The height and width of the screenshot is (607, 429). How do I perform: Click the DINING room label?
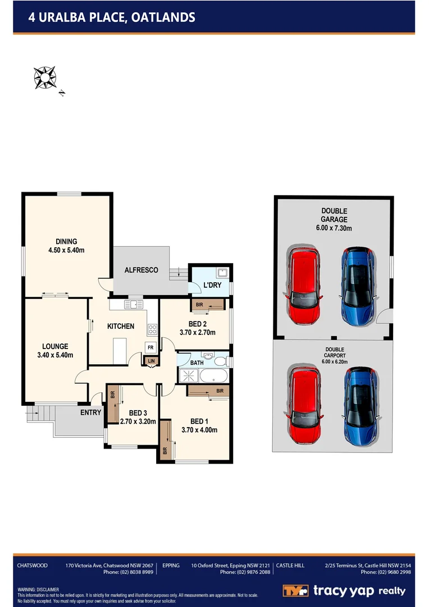click(x=66, y=242)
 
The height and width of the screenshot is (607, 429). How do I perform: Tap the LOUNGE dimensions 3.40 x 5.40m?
click(x=54, y=355)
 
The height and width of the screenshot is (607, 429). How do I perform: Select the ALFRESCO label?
click(x=141, y=270)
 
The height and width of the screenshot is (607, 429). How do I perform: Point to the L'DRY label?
click(x=212, y=286)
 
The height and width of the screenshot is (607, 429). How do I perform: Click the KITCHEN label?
click(x=121, y=326)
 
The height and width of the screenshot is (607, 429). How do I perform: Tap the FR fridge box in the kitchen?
click(x=150, y=347)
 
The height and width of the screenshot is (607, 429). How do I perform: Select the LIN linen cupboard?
click(x=151, y=361)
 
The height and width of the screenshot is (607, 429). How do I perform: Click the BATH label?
click(x=197, y=363)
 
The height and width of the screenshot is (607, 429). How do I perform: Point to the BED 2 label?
click(x=197, y=324)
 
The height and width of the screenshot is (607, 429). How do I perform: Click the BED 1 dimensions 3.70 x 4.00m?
click(x=199, y=430)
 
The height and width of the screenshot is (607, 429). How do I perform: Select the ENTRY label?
click(x=90, y=413)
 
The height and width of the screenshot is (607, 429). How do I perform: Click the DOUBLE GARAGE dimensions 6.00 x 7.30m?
click(x=334, y=228)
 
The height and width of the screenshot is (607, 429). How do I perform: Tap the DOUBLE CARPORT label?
click(x=334, y=352)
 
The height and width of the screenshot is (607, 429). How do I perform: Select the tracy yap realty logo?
click(x=344, y=591)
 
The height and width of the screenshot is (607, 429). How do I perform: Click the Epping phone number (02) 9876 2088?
click(x=245, y=572)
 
